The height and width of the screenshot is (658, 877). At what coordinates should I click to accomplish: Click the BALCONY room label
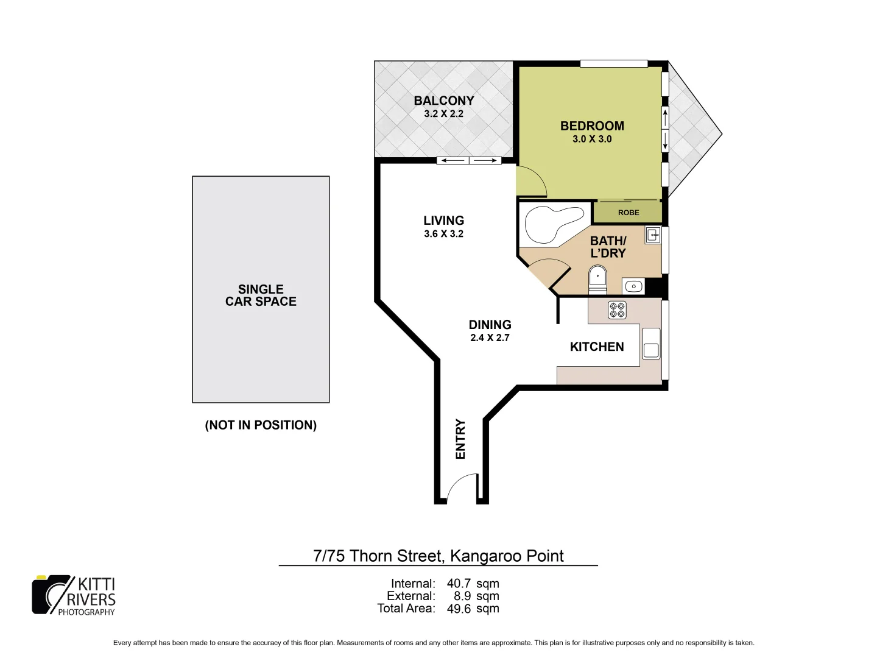[443, 101]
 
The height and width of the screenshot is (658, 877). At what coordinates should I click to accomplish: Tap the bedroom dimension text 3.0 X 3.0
[592, 139]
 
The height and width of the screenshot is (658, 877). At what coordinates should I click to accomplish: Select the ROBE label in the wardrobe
[629, 213]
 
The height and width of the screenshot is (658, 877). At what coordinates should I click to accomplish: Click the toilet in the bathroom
[597, 281]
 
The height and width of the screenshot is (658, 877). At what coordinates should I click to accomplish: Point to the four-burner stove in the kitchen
[617, 310]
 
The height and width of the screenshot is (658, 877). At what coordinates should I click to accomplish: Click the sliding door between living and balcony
[469, 161]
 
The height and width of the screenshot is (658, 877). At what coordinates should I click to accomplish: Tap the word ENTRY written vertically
[460, 439]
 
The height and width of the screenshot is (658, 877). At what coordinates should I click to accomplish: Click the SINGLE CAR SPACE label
[261, 295]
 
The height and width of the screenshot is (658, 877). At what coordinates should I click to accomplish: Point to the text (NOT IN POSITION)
[261, 425]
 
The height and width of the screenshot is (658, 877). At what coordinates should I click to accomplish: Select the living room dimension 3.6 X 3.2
[443, 234]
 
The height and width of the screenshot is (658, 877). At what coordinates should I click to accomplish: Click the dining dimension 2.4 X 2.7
[490, 338]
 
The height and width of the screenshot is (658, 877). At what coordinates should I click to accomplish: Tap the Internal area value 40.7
[459, 584]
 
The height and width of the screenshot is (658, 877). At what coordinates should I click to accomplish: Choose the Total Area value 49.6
[459, 608]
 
